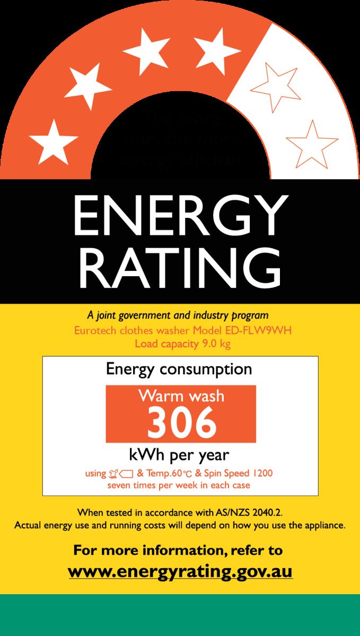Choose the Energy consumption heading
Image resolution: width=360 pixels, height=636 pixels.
(x=180, y=368)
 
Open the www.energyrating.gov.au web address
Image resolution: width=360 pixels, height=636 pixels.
(x=180, y=572)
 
